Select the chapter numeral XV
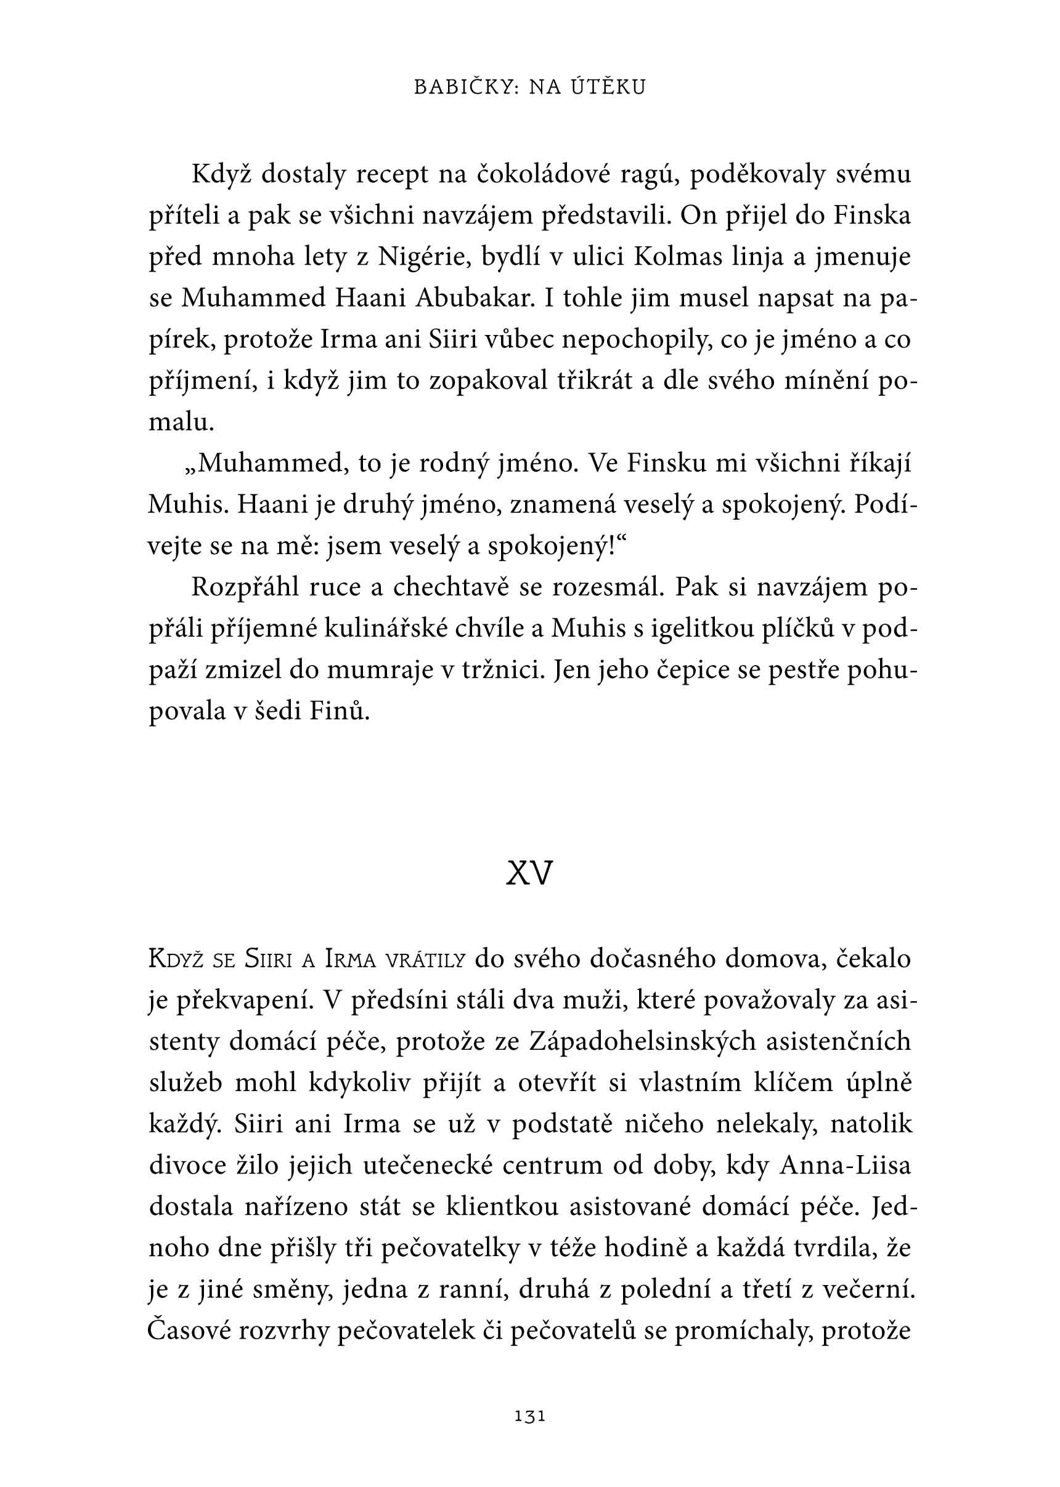[529, 872]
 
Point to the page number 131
[529, 1416]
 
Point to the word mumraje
[379, 671]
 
